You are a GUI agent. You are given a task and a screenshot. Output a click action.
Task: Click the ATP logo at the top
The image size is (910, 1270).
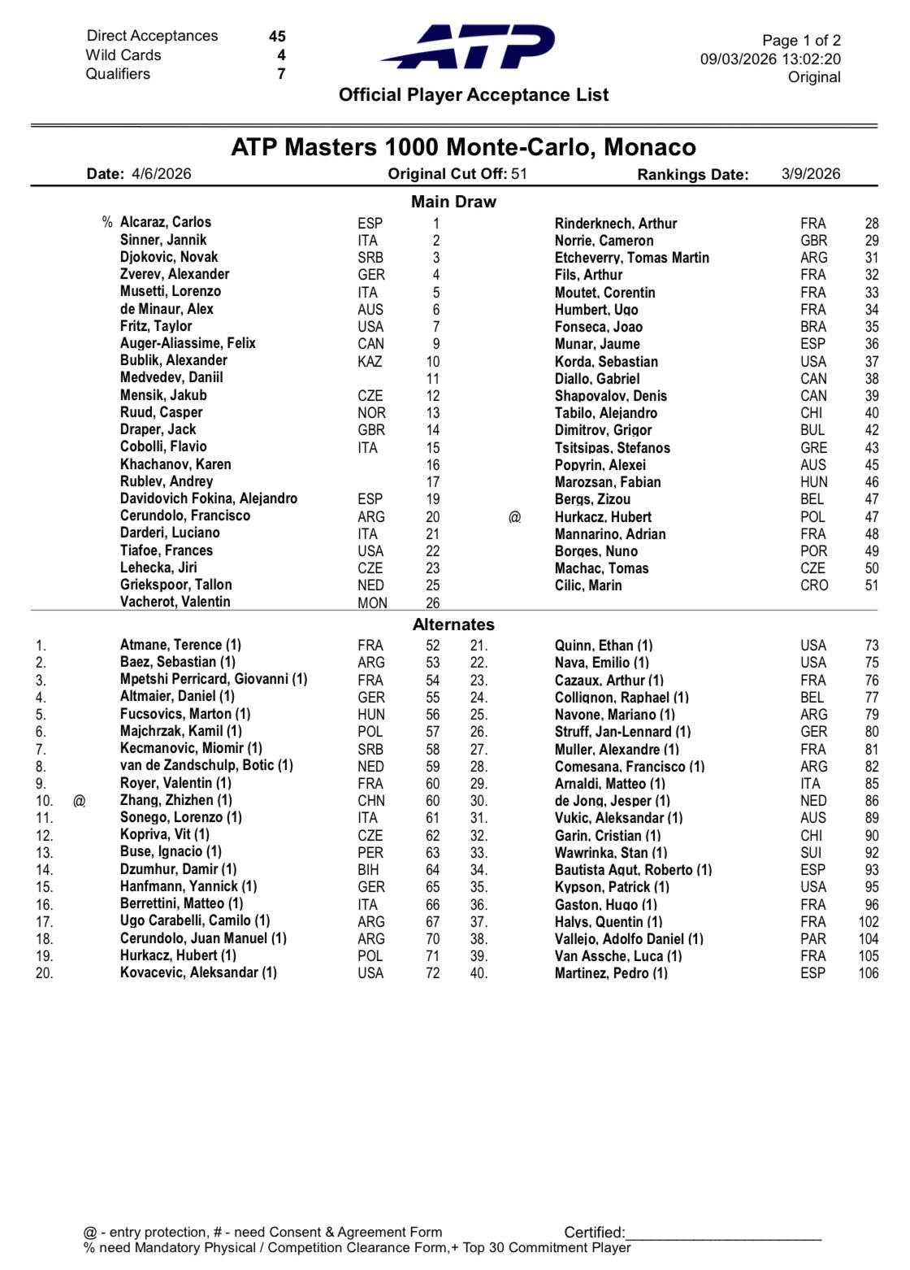click(x=469, y=47)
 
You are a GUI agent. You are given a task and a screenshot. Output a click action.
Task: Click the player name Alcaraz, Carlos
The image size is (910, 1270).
click(x=166, y=222)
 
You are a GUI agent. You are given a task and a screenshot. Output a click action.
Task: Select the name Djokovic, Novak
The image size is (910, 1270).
click(x=169, y=257)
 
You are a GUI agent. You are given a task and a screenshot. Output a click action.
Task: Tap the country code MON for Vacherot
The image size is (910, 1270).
click(x=372, y=603)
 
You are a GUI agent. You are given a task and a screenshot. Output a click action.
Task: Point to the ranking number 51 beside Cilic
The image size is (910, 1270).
click(x=871, y=585)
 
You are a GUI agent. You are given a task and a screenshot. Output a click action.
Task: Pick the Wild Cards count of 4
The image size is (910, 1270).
click(x=281, y=55)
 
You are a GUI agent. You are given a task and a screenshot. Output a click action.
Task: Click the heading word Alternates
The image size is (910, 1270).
click(x=453, y=624)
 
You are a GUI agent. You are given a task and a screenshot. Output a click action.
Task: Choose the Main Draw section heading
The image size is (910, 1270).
click(x=453, y=202)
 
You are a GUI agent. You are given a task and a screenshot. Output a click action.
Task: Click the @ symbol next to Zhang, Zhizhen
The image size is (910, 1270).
click(x=79, y=801)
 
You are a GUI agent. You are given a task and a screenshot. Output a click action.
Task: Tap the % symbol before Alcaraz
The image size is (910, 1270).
click(x=107, y=222)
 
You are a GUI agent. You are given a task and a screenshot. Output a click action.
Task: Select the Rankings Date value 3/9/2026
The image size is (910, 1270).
click(x=811, y=173)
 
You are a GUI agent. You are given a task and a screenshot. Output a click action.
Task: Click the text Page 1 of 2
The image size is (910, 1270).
click(x=801, y=41)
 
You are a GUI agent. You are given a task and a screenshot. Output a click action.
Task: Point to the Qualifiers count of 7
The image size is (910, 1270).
click(x=281, y=74)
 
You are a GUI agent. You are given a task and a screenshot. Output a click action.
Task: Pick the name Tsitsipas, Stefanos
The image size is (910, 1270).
click(x=613, y=448)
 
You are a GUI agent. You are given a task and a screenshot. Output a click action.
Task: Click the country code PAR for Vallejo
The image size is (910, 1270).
click(x=812, y=939)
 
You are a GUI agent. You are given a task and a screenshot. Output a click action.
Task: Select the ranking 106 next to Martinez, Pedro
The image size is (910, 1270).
click(x=868, y=973)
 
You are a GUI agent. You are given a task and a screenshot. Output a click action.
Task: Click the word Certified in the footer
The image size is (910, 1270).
click(x=594, y=1233)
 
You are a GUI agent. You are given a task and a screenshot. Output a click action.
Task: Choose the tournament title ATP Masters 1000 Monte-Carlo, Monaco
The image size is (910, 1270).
click(x=463, y=147)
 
